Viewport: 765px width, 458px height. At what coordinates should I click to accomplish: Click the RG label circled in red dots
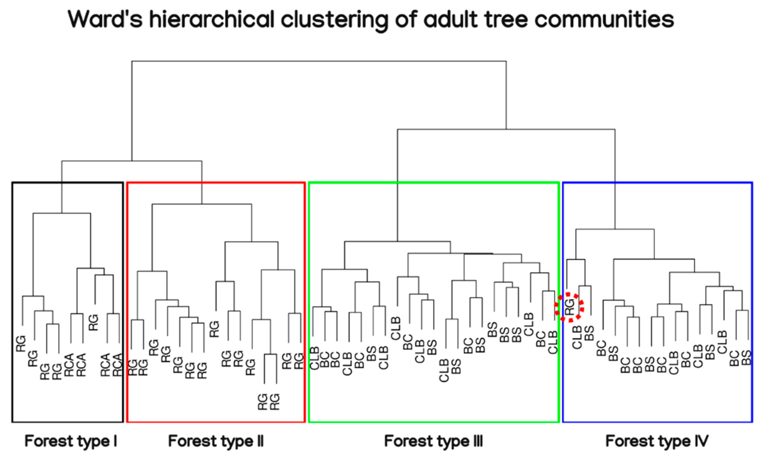[x=570, y=307]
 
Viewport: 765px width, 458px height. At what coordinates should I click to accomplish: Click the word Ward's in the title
[x=105, y=19]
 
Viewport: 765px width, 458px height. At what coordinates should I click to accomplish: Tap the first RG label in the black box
[x=21, y=343]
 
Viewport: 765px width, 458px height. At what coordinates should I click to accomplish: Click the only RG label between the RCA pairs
[x=94, y=323]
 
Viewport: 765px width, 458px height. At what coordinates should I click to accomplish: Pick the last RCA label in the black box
[x=118, y=365]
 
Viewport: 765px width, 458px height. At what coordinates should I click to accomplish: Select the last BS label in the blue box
[x=746, y=358]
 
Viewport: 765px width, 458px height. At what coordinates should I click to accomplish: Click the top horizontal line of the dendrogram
[x=319, y=61]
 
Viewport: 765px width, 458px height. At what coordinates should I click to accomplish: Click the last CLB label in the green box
[x=553, y=342]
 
